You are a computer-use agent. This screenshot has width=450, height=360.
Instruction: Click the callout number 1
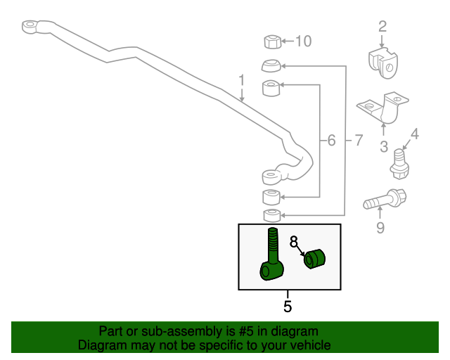[x=241, y=82]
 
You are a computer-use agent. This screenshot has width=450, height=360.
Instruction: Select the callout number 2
[x=382, y=27]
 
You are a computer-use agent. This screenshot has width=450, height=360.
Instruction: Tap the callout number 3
[x=384, y=146]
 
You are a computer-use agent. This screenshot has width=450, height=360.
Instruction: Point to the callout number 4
[x=414, y=133]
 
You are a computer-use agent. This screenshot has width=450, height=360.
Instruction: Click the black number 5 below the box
[x=288, y=306]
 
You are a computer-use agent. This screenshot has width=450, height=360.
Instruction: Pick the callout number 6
[x=331, y=141]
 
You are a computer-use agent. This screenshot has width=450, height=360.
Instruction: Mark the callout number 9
[x=380, y=226]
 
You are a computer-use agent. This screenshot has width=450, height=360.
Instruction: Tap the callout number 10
[x=302, y=41]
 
